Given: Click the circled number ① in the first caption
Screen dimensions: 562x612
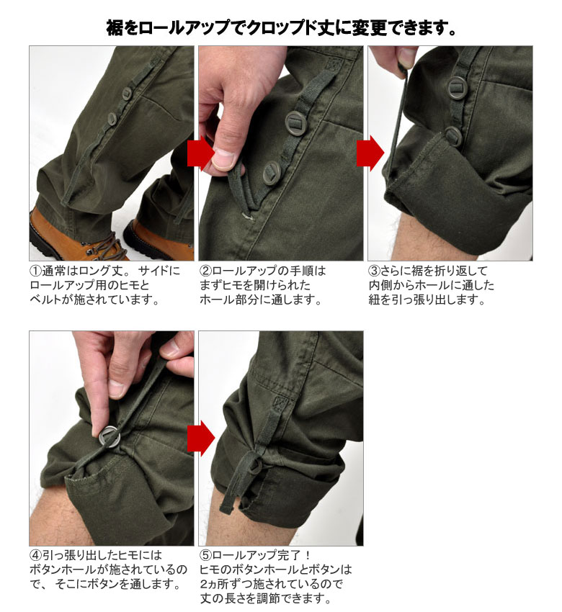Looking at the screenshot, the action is click(35, 271).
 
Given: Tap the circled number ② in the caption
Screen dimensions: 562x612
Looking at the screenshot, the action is click(205, 271).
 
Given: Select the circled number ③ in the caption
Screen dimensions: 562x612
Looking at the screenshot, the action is click(374, 271).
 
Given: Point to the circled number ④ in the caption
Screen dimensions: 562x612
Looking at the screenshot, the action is click(35, 555).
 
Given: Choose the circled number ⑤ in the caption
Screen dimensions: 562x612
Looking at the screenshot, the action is click(205, 555).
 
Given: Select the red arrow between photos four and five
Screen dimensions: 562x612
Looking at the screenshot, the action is click(201, 438).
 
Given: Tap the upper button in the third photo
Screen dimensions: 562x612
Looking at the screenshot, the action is click(457, 87).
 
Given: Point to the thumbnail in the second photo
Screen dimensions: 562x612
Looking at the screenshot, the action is click(224, 158).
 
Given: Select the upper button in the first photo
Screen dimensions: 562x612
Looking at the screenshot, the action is click(127, 94).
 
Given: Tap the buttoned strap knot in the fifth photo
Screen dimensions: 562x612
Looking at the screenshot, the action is click(254, 465).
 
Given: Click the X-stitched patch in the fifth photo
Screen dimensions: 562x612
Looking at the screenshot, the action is click(280, 402).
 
